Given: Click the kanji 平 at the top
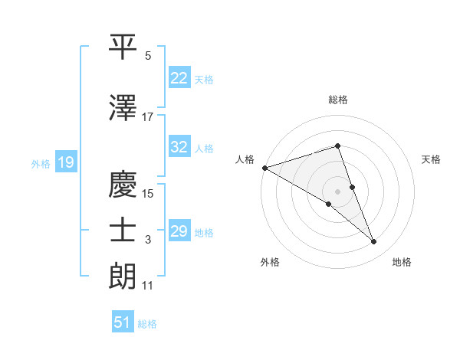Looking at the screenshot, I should coord(123,47).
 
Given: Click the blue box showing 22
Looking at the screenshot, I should coord(179,78).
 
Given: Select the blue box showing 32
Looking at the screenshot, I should coord(179,147).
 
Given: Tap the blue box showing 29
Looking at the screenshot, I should coord(179,231).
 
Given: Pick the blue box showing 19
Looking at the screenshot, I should coord(65,162).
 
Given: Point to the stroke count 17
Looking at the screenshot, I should coord(148,116).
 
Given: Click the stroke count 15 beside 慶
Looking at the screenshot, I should coord(148,194).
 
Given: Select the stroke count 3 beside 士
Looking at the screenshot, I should coord(148,240).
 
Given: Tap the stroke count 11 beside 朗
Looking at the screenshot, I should coord(148,286).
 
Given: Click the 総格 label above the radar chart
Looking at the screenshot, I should coord(338,100).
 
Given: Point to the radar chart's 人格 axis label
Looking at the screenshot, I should coord(245,159).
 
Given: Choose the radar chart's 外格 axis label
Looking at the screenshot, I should coord(270,263).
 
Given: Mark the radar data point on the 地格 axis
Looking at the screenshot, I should coord(374,242).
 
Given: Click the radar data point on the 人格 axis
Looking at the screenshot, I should coord(264,168).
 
